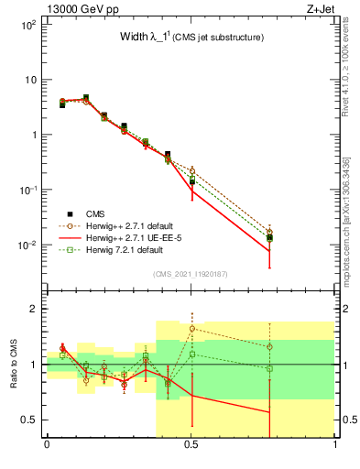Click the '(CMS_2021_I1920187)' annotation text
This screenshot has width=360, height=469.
[191, 274]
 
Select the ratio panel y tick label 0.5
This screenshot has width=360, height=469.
[28, 420]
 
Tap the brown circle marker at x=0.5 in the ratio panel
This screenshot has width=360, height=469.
[191, 328]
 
